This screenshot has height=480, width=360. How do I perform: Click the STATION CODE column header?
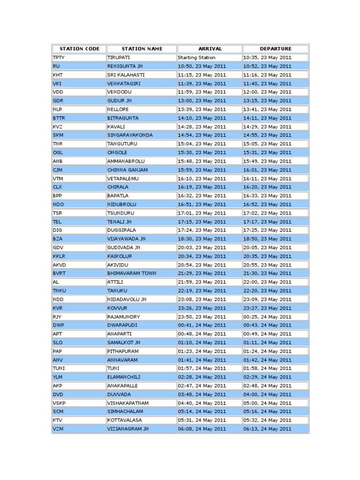[78, 49]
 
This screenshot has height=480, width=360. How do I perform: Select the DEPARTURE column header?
[275, 49]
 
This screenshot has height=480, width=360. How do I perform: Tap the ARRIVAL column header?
[210, 49]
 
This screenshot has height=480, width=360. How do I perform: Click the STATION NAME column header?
[142, 49]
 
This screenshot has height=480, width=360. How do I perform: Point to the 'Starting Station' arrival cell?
[196, 58]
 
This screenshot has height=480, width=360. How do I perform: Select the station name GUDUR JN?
[120, 101]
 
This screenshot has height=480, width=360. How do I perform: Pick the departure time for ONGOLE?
[267, 152]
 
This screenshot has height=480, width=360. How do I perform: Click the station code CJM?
[57, 170]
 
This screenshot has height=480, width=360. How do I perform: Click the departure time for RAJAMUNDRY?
[267, 316]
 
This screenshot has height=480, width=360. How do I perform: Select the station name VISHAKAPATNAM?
[127, 403]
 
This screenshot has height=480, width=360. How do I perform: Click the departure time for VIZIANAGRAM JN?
[267, 429]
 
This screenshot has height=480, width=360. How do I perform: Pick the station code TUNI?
[58, 368]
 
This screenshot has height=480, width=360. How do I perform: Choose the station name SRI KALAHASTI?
[126, 75]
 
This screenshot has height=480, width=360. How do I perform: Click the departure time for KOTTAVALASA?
[267, 420]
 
